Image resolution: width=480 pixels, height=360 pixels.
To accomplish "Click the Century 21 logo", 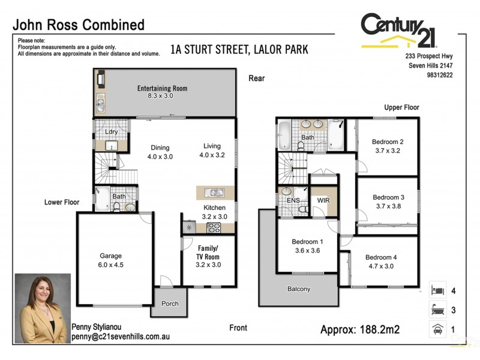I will coord(400,31).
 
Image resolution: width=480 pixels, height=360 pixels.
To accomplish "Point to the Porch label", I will coord(170,304).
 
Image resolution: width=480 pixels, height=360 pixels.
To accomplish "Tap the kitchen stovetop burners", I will coord(214,227).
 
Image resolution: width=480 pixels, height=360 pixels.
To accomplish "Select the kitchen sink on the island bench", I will coord(215,193).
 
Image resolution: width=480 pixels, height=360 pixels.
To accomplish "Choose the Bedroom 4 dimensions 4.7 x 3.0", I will coord(379,266).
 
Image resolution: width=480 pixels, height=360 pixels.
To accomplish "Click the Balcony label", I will coord(299,289).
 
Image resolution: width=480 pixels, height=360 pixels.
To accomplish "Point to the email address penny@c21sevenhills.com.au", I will coord(120,337).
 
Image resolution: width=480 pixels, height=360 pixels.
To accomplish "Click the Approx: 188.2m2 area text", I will coord(360,329).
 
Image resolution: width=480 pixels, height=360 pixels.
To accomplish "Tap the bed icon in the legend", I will coord(437,290).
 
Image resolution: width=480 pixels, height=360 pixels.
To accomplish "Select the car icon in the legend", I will coord(437,329).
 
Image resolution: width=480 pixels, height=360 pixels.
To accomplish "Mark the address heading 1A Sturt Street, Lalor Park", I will coord(239,50).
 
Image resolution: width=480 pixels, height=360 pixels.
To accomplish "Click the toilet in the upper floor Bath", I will coord(301,146).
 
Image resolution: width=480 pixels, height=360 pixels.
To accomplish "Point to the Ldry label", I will coord(111,132).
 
